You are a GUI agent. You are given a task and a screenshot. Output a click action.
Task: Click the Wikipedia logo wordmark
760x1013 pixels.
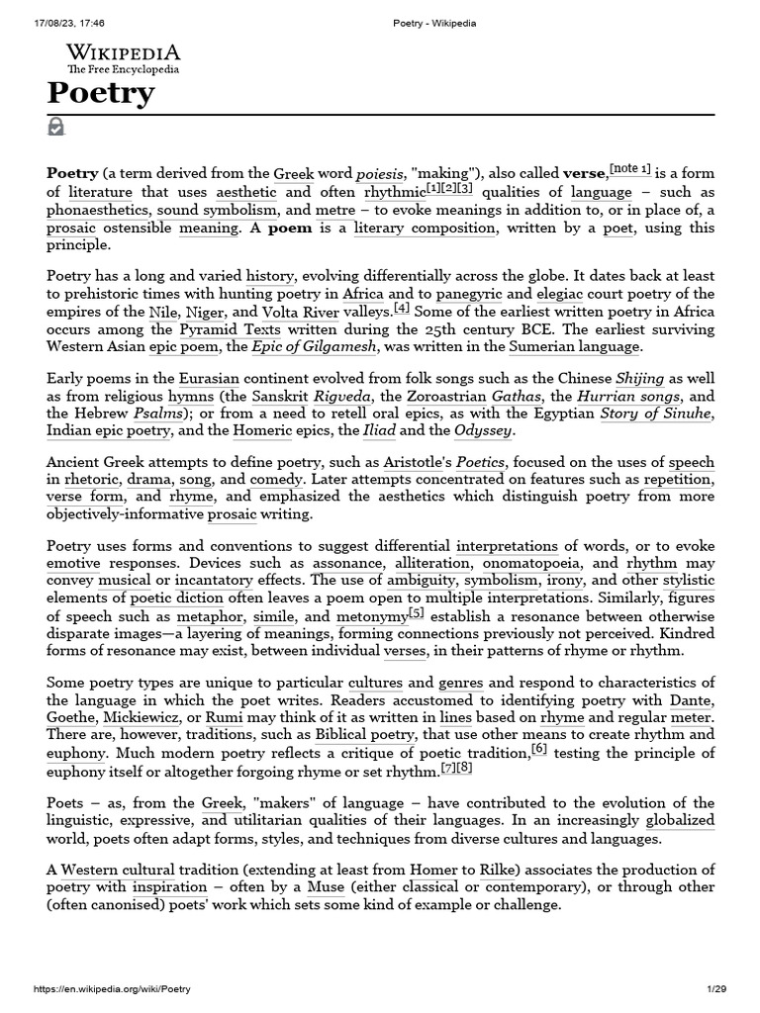coord(123,53)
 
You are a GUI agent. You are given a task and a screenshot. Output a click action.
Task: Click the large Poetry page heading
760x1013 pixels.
coord(101,93)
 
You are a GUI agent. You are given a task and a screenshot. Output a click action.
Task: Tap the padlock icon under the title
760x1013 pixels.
coord(56,127)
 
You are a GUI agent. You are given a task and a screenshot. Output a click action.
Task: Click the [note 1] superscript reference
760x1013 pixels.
coord(630,169)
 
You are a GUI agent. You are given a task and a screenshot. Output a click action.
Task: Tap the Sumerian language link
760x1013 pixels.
coord(575,347)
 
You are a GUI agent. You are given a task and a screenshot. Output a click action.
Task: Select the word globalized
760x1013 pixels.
coord(679,821)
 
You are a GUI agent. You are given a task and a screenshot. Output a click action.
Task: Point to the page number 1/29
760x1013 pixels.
coord(716,989)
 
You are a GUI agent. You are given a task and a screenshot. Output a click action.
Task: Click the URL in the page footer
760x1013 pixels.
coord(112,989)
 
